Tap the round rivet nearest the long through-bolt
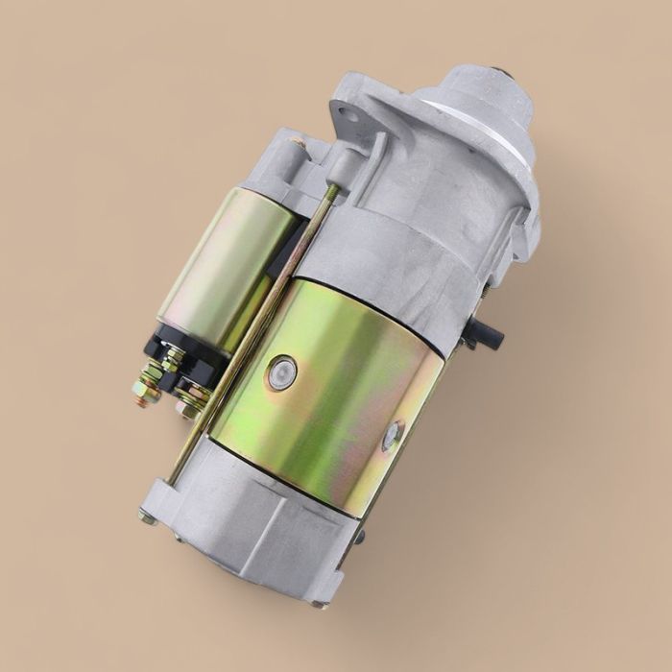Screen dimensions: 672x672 pos(282,372)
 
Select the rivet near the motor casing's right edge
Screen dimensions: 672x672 pos(391,435)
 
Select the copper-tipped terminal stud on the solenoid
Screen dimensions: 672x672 pos(143,393)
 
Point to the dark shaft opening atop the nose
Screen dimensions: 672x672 pos(499,72)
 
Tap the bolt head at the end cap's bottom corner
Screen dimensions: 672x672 pos(318,604)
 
